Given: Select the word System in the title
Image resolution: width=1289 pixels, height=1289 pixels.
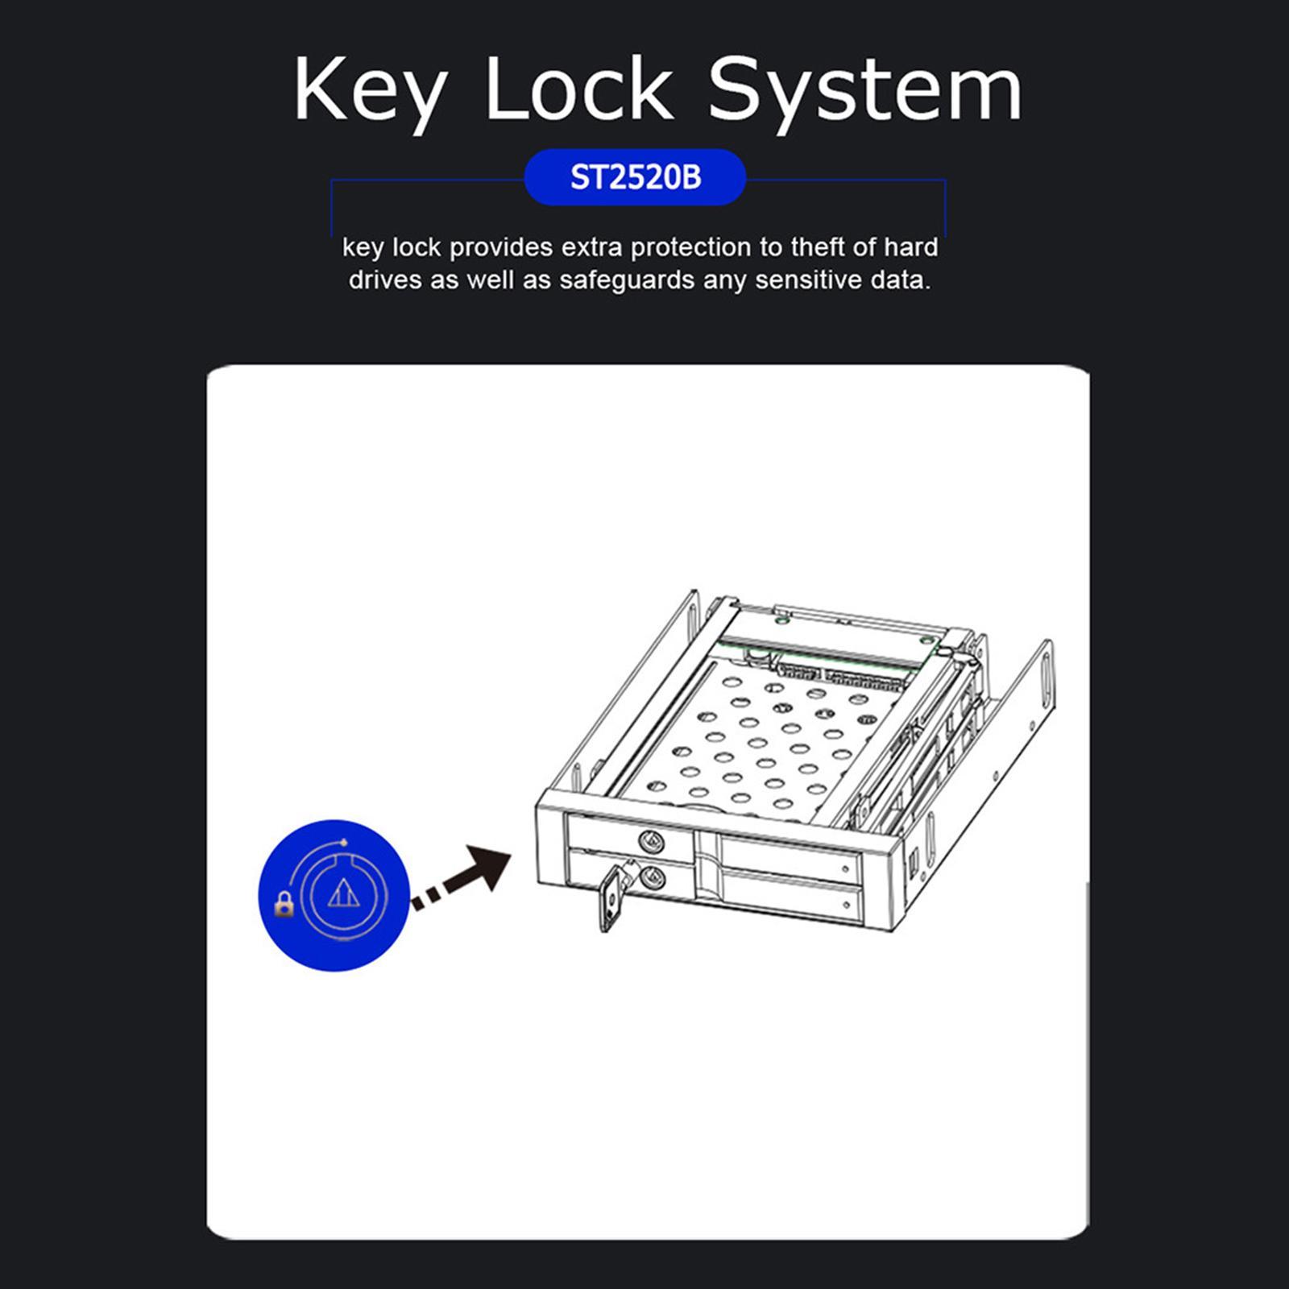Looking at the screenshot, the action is click(864, 90).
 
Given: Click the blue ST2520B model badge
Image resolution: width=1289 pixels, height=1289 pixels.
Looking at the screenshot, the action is click(636, 177).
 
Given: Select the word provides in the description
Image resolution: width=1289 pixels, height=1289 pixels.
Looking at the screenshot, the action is click(500, 247).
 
